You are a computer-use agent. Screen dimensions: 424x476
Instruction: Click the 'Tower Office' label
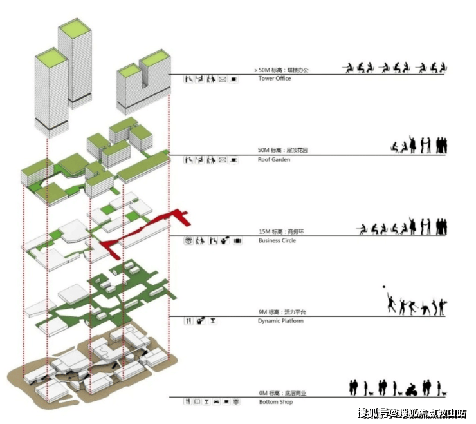(x=274, y=79)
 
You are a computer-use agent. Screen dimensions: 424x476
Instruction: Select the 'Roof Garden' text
(x=274, y=160)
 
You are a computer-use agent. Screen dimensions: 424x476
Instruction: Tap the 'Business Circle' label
(x=277, y=241)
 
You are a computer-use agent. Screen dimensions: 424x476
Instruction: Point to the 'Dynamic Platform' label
(x=280, y=321)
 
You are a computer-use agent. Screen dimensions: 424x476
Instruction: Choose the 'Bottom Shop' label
(x=275, y=402)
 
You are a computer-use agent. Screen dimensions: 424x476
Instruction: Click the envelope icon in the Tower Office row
(x=223, y=79)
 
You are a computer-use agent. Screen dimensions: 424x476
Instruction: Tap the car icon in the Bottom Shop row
(x=217, y=401)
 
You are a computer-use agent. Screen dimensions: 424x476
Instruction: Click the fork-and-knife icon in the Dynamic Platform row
(x=188, y=320)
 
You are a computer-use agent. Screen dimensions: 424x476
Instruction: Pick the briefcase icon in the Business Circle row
(x=237, y=240)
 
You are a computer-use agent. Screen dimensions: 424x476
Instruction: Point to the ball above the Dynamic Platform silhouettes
(x=383, y=286)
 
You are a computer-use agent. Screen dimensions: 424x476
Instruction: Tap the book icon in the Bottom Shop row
(x=197, y=401)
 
